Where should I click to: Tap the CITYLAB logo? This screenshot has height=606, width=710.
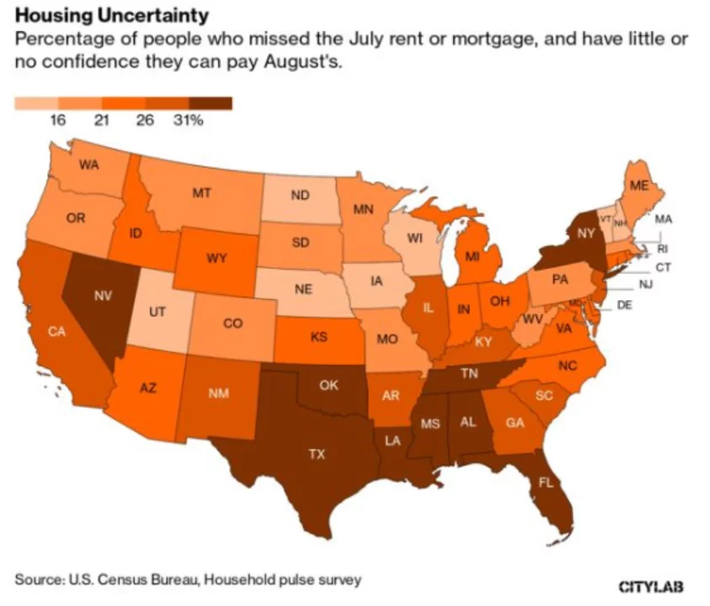tap(652, 586)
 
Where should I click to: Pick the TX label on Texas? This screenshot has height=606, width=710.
tap(316, 454)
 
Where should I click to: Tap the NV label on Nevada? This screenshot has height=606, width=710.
tap(103, 296)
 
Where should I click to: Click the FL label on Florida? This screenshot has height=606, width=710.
tap(547, 483)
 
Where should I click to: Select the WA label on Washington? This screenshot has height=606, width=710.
tap(88, 164)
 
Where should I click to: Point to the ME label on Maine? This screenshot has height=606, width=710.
tap(640, 186)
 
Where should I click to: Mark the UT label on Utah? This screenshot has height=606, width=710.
tap(157, 311)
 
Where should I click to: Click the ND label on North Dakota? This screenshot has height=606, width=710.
tap(300, 196)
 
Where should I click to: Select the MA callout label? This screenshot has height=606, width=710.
tap(663, 219)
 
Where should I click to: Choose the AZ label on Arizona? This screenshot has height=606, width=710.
tap(147, 389)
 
